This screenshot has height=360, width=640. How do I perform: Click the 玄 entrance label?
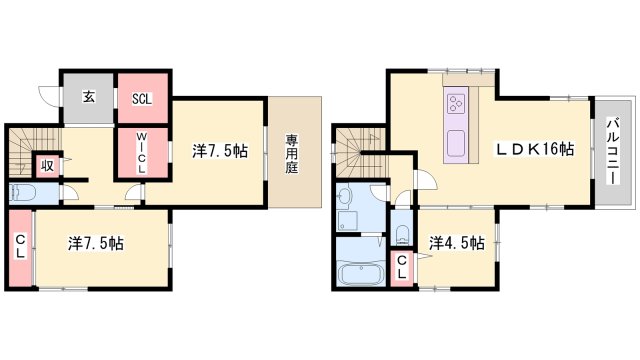pos(88,97)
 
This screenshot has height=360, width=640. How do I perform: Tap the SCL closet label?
pos(142,98)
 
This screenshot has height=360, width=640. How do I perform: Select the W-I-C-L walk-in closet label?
pos(142,153)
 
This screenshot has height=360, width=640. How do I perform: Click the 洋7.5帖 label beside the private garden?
pos(221,151)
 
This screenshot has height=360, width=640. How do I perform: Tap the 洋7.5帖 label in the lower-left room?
pos(97,242)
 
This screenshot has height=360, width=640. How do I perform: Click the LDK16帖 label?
pos(537,149)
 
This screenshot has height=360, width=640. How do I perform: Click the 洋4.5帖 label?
pos(457,243)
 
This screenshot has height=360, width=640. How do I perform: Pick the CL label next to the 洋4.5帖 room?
pos(401,267)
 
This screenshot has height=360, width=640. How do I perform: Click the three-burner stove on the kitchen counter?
pos(456,104)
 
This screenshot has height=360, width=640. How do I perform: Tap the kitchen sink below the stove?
pos(455,141)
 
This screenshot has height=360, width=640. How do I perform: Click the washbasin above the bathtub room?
pos(346,197)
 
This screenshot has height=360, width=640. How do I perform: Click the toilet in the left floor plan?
pos(23,193)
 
